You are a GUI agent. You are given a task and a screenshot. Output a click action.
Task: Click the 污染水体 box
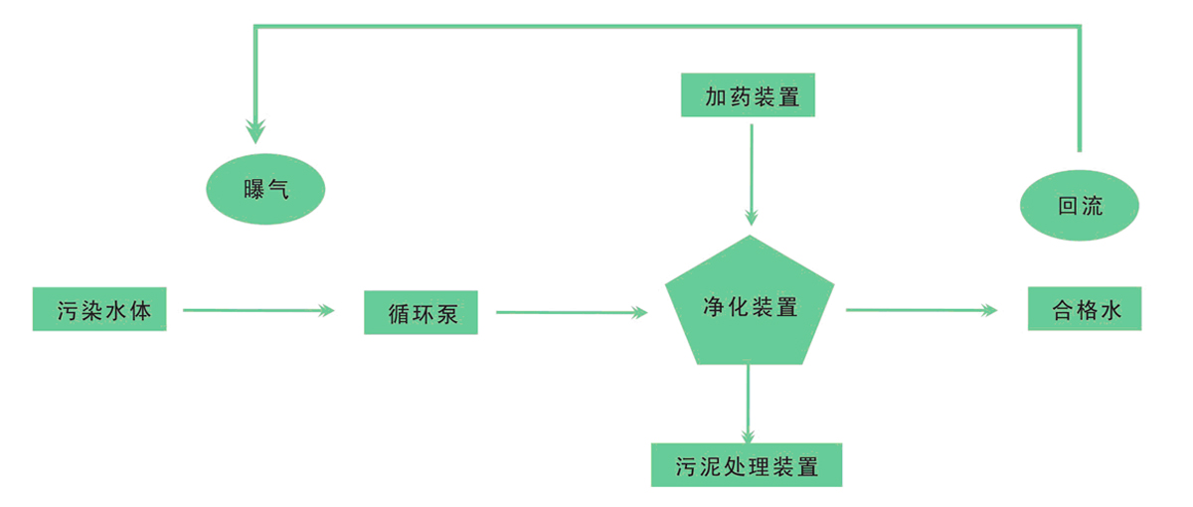(98, 309)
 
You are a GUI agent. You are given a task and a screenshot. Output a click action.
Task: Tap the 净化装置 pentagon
(748, 305)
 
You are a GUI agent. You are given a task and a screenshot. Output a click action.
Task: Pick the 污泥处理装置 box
(747, 464)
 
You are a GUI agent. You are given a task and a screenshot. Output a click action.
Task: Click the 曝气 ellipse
(264, 190)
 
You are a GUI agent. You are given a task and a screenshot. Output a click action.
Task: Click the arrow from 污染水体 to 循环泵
(257, 311)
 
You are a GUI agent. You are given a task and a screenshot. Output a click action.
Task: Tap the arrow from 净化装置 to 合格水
(920, 310)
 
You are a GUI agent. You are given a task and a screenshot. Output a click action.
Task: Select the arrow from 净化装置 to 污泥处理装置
(748, 403)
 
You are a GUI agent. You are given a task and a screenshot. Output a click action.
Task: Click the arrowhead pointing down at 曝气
(256, 129)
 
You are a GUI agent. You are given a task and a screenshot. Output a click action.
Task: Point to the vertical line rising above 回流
(1079, 89)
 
